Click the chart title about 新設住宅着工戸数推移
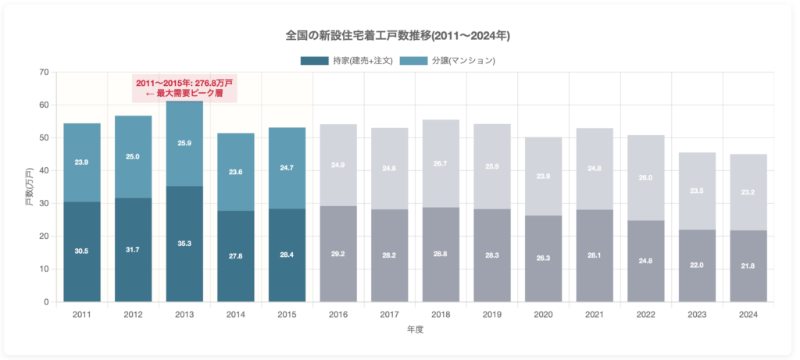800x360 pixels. coord(398,36)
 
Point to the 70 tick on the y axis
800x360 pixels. coord(44,73)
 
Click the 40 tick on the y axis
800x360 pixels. coord(44,171)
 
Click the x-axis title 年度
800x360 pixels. coord(415,330)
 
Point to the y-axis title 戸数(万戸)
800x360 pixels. coord(29,187)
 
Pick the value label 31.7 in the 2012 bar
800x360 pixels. coord(133,250)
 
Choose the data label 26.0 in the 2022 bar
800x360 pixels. coord(645,178)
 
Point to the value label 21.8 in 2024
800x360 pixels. coord(748,266)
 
